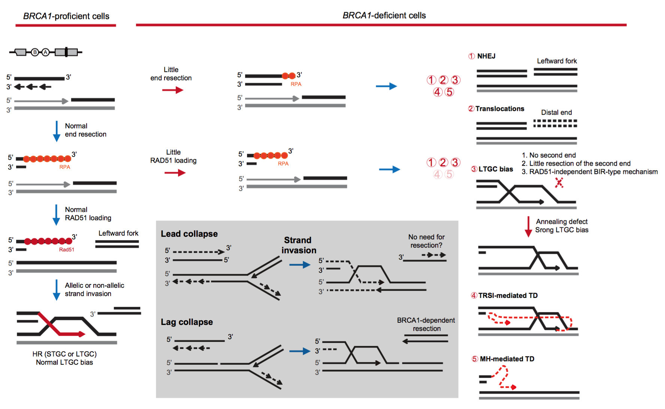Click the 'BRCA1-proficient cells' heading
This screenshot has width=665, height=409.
[66, 16]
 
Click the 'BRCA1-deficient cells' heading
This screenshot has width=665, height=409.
[384, 15]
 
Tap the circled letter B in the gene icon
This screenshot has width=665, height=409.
[35, 52]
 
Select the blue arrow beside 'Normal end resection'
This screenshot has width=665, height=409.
[57, 131]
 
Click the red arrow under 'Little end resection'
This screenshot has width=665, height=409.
[172, 90]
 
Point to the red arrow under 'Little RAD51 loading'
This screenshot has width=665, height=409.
[175, 173]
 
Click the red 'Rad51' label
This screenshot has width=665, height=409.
[66, 250]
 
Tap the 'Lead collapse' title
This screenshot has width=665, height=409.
[189, 234]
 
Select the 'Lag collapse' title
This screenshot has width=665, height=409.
[187, 322]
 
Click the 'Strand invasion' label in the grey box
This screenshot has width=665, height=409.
[298, 245]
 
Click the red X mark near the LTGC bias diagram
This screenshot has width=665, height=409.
[559, 183]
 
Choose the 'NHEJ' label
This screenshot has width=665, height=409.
[486, 56]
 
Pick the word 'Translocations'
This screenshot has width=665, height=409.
[500, 109]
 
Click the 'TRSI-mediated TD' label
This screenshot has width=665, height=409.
[508, 296]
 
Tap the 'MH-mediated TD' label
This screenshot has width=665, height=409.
[507, 359]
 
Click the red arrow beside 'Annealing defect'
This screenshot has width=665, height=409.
[528, 226]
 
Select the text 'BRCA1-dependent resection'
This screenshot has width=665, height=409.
[426, 324]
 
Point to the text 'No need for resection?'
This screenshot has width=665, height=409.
[426, 241]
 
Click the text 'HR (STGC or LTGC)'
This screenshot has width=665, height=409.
[64, 354]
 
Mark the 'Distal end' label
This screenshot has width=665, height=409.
[556, 113]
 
